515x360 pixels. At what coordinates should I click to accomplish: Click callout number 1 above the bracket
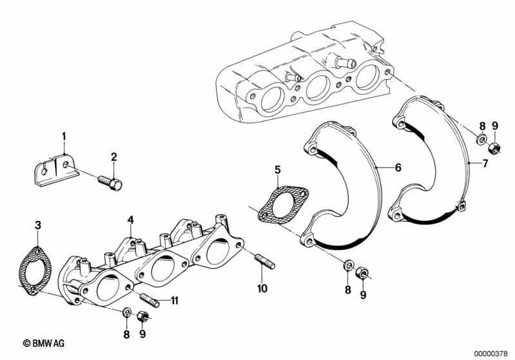pyautogui.click(x=64, y=136)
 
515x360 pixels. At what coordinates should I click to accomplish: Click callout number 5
pyautogui.click(x=277, y=169)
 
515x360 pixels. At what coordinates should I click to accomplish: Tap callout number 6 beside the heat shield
pyautogui.click(x=398, y=167)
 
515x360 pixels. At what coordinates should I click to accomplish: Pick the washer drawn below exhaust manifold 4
pyautogui.click(x=127, y=312)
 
